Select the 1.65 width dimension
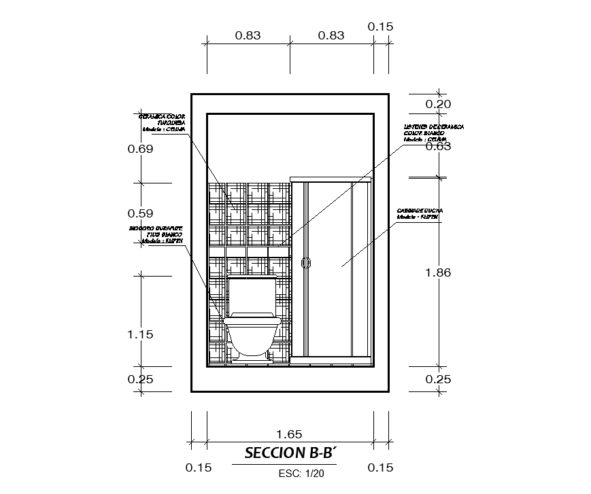coord(289,434)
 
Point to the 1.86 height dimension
coord(438,272)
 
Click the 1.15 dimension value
coord(141,334)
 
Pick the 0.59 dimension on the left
coord(141,213)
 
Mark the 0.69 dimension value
coord(141,149)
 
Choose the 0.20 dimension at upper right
coord(438,104)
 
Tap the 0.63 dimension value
coord(438,146)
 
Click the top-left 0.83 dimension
coord(248,35)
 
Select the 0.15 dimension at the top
coord(381,27)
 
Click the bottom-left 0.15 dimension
coord(199,467)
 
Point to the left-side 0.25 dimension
coord(141,379)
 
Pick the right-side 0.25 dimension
coord(438,379)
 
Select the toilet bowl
coord(252,335)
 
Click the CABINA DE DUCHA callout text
coord(420,213)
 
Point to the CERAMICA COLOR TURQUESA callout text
coord(163,122)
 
